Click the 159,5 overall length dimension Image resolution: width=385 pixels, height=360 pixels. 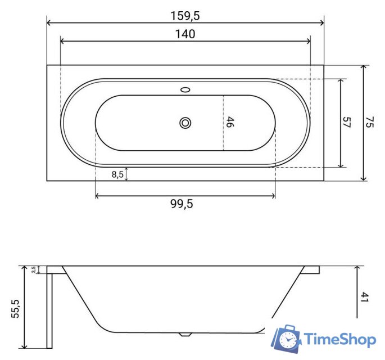(185, 16)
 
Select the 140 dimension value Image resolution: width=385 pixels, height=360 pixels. (185, 34)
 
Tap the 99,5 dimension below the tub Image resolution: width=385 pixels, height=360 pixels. (182, 204)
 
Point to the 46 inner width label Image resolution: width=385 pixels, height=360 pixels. (229, 122)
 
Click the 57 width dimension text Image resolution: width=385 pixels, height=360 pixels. (347, 123)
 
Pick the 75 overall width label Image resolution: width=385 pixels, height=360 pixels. (369, 123)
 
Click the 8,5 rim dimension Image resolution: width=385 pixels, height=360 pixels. (117, 174)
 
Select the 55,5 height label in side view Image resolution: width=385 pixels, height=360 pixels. (15, 309)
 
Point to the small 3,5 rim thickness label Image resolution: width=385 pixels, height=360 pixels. (34, 270)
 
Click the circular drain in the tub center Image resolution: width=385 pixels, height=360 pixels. (185, 123)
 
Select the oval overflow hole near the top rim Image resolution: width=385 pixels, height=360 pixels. (185, 89)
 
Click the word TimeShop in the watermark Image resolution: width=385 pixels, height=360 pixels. (339, 339)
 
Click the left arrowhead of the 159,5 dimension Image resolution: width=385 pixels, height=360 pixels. (49, 23)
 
